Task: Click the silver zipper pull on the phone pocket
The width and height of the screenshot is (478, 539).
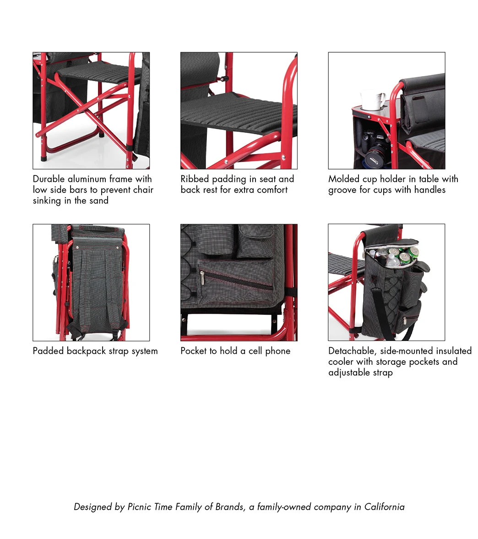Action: click(202, 279)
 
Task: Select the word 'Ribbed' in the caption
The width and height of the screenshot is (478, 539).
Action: click(195, 179)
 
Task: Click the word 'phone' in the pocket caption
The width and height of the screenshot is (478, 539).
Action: click(278, 351)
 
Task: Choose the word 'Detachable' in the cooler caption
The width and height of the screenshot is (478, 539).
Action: click(353, 351)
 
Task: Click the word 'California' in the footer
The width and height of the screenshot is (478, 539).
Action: click(384, 507)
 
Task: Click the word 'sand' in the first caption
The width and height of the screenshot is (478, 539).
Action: click(99, 201)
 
